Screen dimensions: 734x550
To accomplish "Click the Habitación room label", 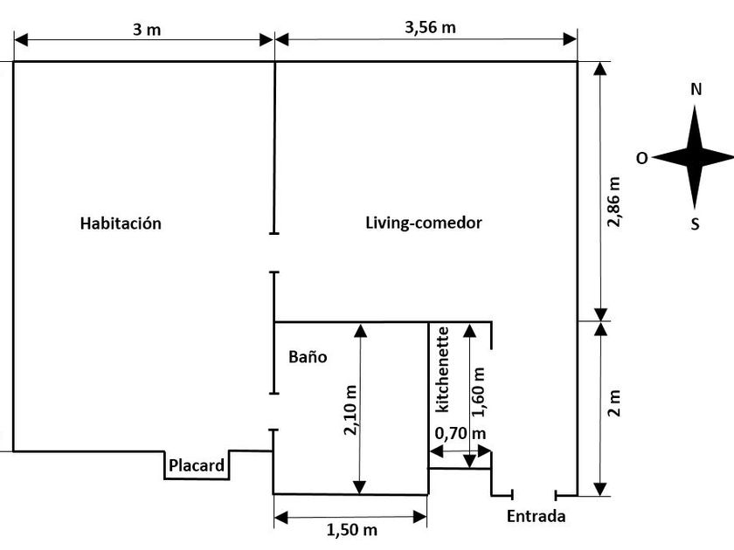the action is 121,223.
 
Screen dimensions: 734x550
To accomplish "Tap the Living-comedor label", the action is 424,223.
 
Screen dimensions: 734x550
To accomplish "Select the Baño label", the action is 308,357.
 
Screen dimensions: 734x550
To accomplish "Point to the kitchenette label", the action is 443,369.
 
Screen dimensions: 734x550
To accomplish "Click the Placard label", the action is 197,465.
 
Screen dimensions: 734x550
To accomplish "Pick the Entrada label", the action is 536,516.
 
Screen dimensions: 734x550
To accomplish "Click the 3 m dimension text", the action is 147,30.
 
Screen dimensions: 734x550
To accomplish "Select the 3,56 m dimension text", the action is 430,28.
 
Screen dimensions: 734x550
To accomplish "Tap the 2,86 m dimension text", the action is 613,202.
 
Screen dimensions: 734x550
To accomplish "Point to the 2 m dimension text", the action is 613,403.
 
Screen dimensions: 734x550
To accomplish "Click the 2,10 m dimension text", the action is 350,410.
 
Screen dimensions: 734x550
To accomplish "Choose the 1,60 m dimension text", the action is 479,392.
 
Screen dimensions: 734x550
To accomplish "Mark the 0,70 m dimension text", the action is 460,434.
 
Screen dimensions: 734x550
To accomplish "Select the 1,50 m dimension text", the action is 351,530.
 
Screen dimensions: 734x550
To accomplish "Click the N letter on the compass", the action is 696,89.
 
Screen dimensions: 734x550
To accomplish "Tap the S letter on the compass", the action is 696,224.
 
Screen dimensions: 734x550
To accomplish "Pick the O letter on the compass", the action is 641,159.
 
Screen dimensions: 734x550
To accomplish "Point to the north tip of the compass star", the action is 694,106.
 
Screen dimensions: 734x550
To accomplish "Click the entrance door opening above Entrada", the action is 534,495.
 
